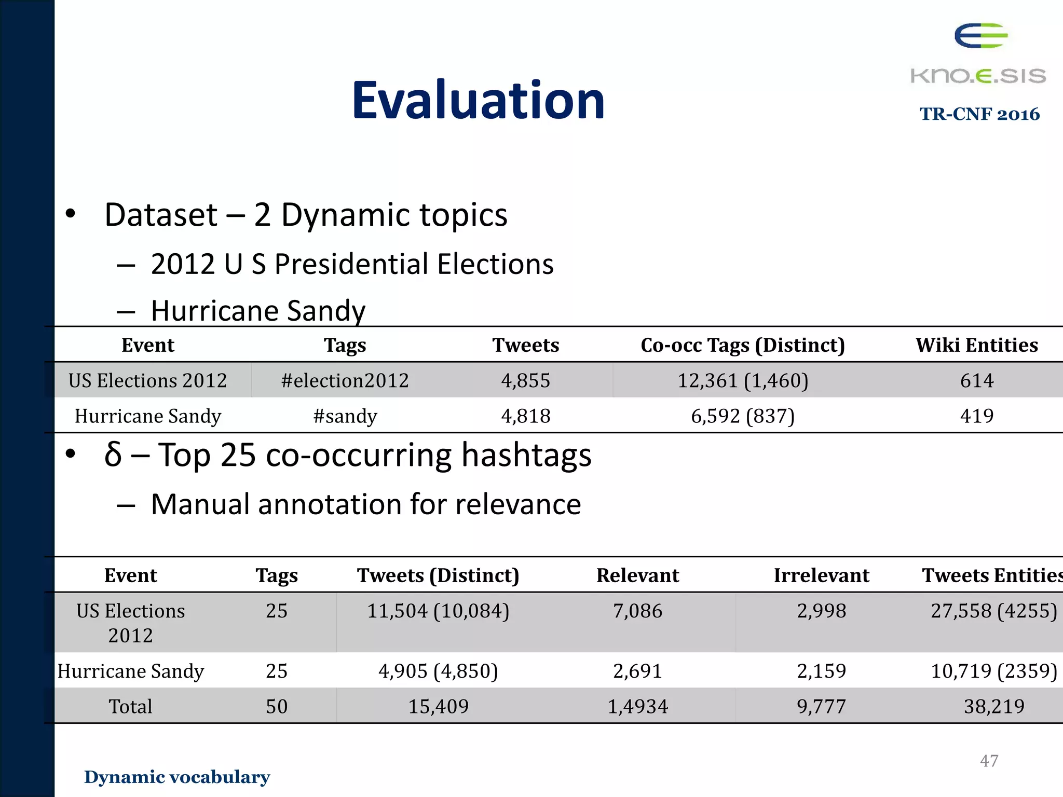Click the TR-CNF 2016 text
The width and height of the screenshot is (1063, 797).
tap(979, 114)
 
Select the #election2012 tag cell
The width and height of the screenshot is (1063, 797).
tap(345, 380)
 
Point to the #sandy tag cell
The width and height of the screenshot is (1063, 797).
tap(345, 416)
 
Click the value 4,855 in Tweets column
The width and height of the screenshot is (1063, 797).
tap(525, 380)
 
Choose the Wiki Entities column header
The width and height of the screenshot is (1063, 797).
tap(976, 345)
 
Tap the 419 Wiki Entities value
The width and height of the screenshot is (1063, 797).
tap(976, 416)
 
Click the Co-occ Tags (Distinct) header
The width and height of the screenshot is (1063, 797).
tap(742, 345)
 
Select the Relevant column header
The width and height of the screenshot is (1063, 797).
tap(637, 575)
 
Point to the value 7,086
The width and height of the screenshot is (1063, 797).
tap(637, 611)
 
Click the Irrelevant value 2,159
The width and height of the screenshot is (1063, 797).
tap(821, 671)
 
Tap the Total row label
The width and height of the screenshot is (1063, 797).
tap(130, 706)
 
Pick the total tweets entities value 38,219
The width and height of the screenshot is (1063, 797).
tap(993, 706)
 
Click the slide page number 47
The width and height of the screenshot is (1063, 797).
tap(989, 761)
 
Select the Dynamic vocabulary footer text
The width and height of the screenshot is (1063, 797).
tap(177, 777)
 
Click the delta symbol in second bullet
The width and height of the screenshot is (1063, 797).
tap(113, 455)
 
